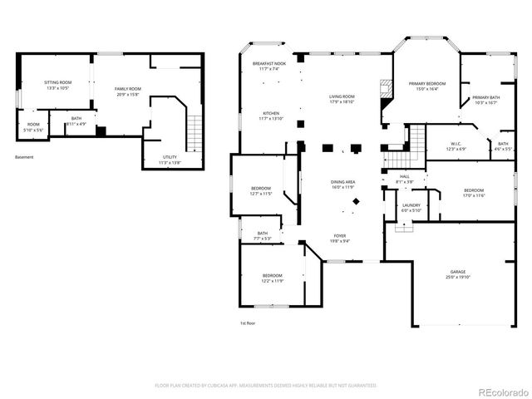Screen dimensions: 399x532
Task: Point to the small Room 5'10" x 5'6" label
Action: pos(33,127)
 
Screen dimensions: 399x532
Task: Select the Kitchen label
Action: pos(271,116)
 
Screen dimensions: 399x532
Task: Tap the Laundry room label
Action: pos(411,207)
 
